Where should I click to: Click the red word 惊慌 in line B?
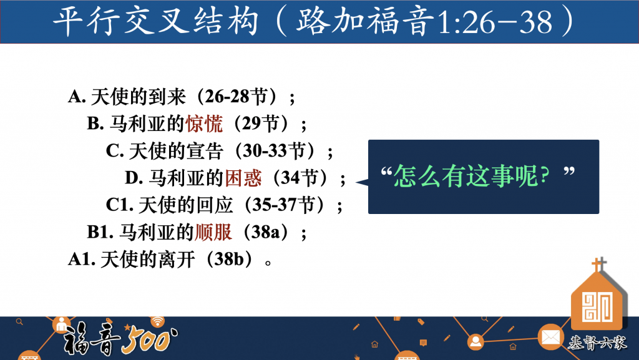pos(204,124)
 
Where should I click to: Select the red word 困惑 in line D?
pos(243,178)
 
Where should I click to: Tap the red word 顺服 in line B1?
pos(213,232)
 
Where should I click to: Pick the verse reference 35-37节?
pos(284,205)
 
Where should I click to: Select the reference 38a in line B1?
pos(265,232)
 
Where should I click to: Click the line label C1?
pos(119,205)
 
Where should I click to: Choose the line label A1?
pos(82,260)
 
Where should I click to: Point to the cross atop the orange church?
pos(598,265)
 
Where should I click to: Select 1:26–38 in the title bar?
pos(494,22)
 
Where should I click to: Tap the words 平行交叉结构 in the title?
pos(155,21)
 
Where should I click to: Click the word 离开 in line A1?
pos(177,260)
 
